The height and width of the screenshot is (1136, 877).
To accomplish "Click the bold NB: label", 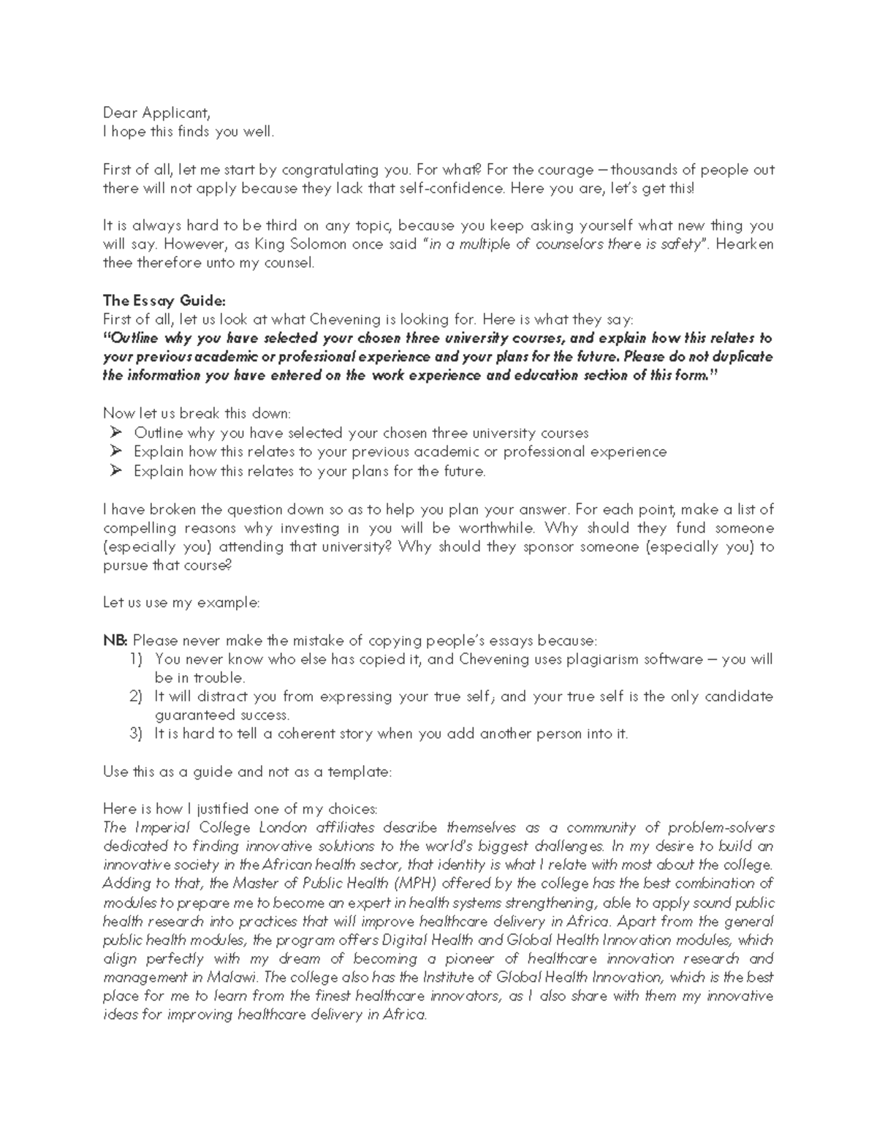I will pyautogui.click(x=115, y=641).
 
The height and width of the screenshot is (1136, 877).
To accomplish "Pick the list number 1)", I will pyautogui.click(x=136, y=660).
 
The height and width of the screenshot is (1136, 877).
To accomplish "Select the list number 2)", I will pyautogui.click(x=136, y=697).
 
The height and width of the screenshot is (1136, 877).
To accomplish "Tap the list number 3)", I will pyautogui.click(x=136, y=734).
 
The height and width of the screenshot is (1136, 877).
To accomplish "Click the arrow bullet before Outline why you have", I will pyautogui.click(x=115, y=433).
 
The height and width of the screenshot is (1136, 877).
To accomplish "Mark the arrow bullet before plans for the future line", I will pyautogui.click(x=115, y=471).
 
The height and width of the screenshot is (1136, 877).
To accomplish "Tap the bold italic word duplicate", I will pyautogui.click(x=738, y=357).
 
